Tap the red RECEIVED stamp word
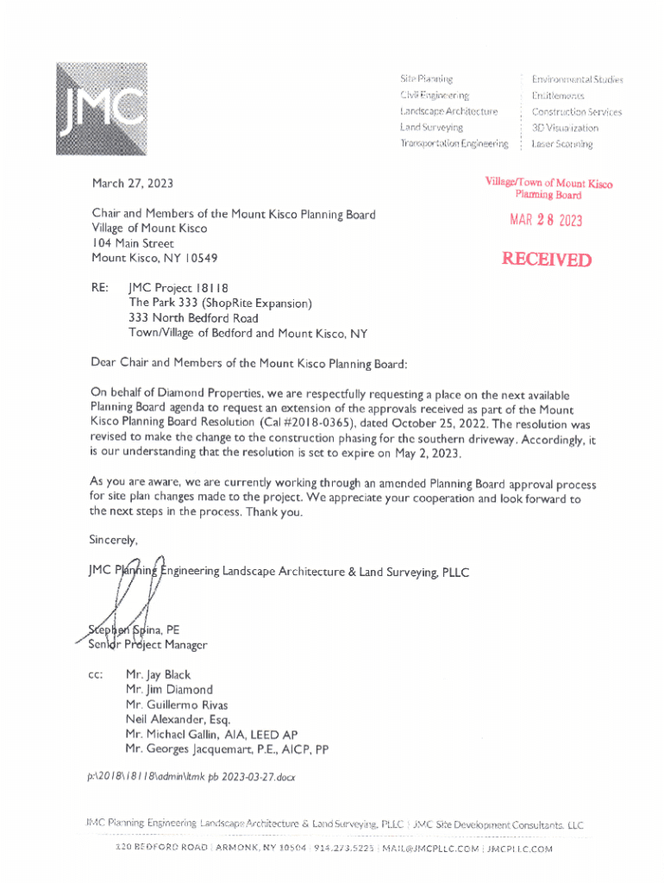[x=548, y=260]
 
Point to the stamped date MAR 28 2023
[x=546, y=220]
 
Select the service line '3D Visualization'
[x=564, y=128]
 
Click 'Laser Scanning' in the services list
[x=561, y=144]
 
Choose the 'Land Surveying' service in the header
[x=430, y=128]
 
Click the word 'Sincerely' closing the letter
[x=113, y=541]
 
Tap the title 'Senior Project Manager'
[x=147, y=644]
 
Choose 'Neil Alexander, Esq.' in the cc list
[x=178, y=720]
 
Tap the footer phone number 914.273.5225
[x=345, y=849]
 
